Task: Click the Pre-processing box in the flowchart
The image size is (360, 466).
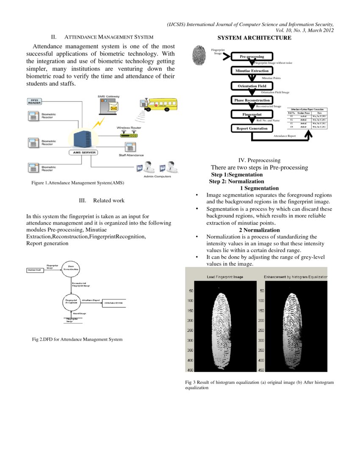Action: point(252,56)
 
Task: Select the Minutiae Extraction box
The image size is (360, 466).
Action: point(252,71)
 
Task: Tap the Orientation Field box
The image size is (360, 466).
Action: point(252,86)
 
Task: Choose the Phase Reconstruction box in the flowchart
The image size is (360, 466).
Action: point(252,100)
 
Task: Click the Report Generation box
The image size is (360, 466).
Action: point(252,128)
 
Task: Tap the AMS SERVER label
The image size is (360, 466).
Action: point(83,153)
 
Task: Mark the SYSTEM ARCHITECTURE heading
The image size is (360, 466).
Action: point(254,38)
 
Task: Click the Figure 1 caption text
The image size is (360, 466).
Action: point(78,183)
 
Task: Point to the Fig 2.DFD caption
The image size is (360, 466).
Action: point(77,339)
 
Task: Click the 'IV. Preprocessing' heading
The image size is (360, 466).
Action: point(259,160)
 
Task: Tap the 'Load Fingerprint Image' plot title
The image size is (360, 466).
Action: point(225,277)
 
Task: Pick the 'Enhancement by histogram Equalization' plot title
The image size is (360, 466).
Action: point(296,277)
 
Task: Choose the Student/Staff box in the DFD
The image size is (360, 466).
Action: point(35,270)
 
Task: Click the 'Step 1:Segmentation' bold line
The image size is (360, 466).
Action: point(237,175)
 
